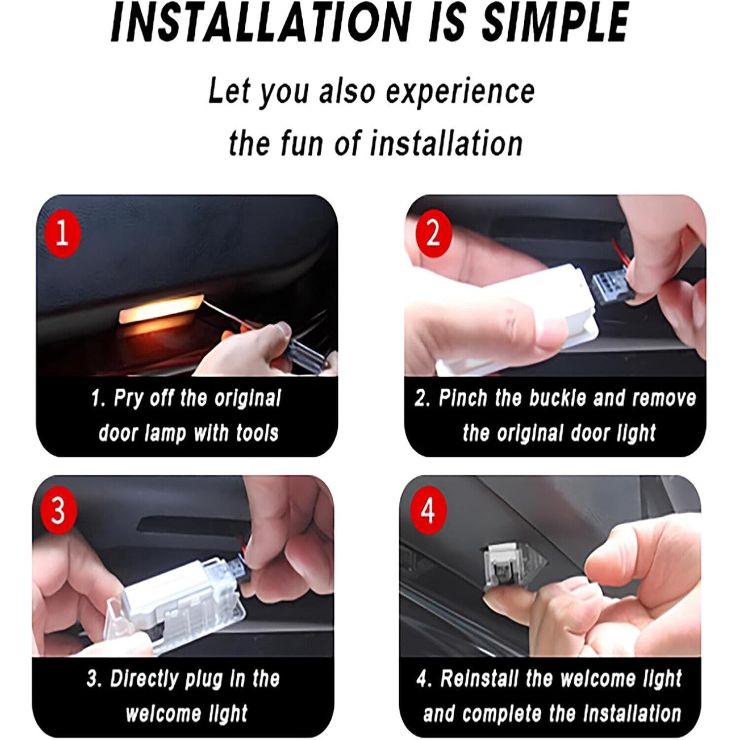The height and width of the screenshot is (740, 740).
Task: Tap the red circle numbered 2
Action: tap(433, 233)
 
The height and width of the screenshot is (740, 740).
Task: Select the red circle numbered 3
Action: tap(58, 511)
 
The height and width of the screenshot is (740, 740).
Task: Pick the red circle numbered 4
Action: tap(428, 511)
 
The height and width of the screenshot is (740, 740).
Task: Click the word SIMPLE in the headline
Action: tap(555, 22)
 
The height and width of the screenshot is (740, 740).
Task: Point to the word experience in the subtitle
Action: tap(460, 92)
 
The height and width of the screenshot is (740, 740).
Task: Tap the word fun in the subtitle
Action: tap(302, 144)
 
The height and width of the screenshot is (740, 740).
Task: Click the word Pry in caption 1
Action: tap(127, 399)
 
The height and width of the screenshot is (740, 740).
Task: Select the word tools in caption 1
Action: tap(257, 433)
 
